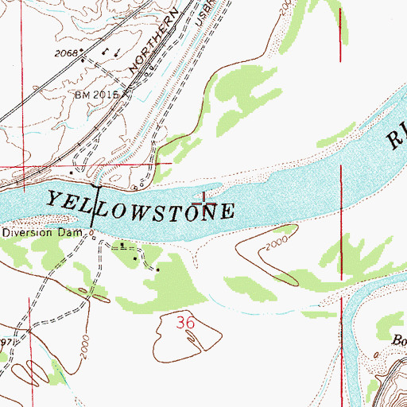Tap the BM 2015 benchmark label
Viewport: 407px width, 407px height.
96,94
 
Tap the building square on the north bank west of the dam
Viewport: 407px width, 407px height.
72,172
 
